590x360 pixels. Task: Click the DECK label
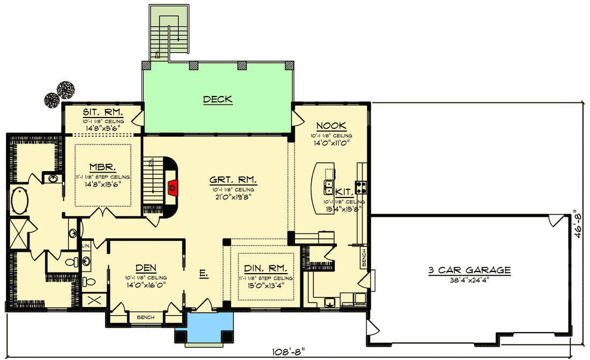[x=217, y=99]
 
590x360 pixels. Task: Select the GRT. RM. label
[x=233, y=180]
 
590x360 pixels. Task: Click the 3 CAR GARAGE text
[x=469, y=270]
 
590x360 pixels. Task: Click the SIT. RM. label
[x=103, y=113]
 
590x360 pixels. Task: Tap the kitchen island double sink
[x=329, y=187]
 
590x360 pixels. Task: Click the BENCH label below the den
[x=145, y=318]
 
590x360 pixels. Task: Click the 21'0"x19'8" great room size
[x=233, y=196]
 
